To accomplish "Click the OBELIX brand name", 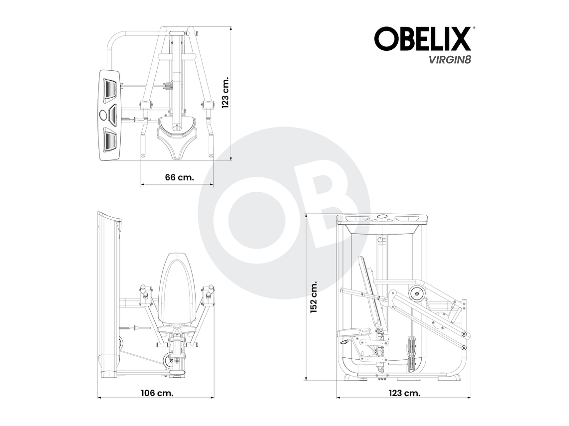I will coord(422,39).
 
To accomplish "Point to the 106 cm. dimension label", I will coord(157,393).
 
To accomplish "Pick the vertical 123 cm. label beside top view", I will coord(226,93).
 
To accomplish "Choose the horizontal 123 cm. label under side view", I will coord(404,393).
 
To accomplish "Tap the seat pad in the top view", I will coord(176,139).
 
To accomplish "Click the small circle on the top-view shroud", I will coord(103,115).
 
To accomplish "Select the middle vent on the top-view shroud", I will coord(111,115).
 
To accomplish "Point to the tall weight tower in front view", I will coord(108,294).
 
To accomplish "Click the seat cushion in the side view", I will coord(353,332).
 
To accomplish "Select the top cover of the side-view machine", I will coord(382,219).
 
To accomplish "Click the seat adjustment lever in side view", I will coord(344,343).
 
